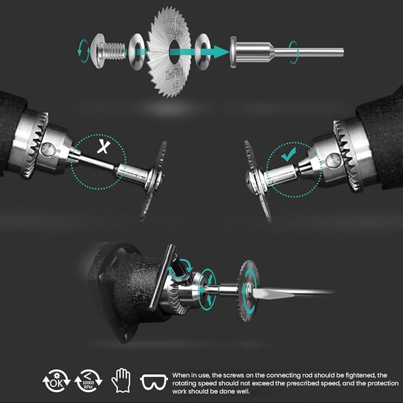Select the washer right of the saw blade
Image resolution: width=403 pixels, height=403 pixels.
coord(203,52)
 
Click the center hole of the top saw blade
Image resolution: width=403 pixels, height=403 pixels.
coord(175,52)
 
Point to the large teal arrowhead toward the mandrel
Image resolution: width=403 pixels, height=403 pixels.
coord(222,52)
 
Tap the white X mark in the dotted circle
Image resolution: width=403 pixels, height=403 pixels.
coord(104,147)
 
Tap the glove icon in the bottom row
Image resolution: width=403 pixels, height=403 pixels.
coord(121,381)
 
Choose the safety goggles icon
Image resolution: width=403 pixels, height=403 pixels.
coord(154,382)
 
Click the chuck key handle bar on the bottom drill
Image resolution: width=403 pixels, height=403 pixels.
coord(163,277)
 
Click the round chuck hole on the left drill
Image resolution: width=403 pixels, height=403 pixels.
coord(48,150)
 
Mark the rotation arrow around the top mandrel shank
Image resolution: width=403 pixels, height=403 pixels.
coord(294,52)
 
